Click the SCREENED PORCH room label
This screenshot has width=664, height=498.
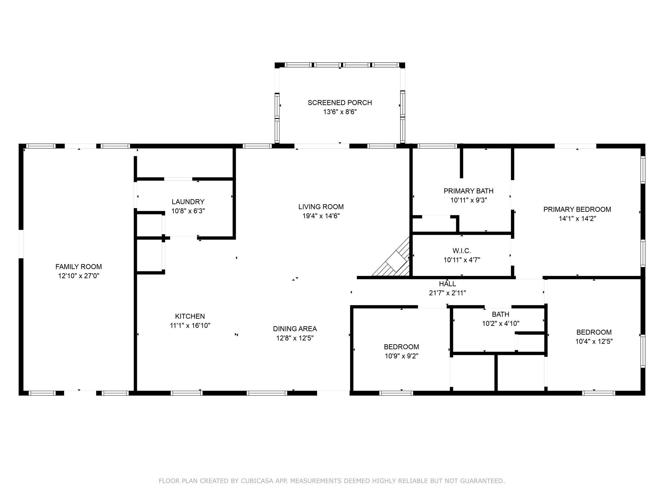[x=340, y=103]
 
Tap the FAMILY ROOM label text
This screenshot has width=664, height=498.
[x=78, y=267]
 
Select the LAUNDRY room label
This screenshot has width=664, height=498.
[x=188, y=202]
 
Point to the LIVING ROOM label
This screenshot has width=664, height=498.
[x=321, y=207]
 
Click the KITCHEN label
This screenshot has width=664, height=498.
[x=190, y=316]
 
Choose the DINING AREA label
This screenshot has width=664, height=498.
[x=295, y=329]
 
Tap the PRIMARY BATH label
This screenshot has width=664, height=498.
[x=468, y=191]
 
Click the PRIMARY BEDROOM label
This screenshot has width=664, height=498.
[x=577, y=209]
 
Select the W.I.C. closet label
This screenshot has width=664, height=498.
[x=462, y=251]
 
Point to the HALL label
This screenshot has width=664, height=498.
[x=447, y=284]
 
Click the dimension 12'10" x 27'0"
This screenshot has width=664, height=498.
[x=78, y=276]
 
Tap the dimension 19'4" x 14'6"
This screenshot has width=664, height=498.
[x=321, y=216]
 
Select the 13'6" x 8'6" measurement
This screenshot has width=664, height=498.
[x=340, y=112]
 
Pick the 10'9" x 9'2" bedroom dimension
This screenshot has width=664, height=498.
[x=401, y=356]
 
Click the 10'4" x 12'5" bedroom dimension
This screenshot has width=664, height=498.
[x=594, y=341]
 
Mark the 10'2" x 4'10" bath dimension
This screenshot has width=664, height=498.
[x=501, y=324]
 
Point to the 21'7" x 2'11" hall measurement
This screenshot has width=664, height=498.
[x=447, y=293]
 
